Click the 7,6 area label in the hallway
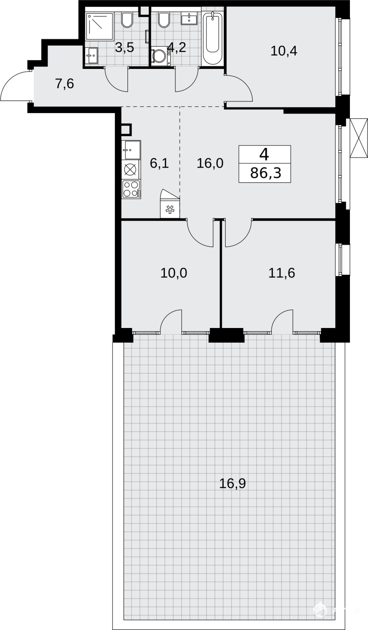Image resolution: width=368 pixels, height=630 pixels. point(64,84)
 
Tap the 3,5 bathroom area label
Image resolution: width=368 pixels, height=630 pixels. point(125,48)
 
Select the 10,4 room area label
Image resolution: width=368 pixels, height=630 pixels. point(284,51)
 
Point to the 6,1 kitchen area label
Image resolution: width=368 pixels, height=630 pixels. point(159,163)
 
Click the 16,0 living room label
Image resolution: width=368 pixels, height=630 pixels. point(210,163)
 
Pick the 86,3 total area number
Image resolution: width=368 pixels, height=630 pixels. point(265,173)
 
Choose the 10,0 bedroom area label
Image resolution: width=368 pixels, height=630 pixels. point(174,273)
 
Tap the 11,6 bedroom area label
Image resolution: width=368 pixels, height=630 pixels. point(282,273)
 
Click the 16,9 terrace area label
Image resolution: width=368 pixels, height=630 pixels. point(232,483)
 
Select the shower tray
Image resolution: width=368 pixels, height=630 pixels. point(99,26)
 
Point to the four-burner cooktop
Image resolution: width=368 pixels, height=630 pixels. point(131,189)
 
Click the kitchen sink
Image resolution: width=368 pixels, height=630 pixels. point(131,150)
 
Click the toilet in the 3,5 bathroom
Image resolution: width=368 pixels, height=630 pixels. point(127,20)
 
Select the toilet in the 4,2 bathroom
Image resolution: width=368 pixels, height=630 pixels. point(163,20)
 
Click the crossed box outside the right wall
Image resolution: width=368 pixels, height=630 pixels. point(359,139)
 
